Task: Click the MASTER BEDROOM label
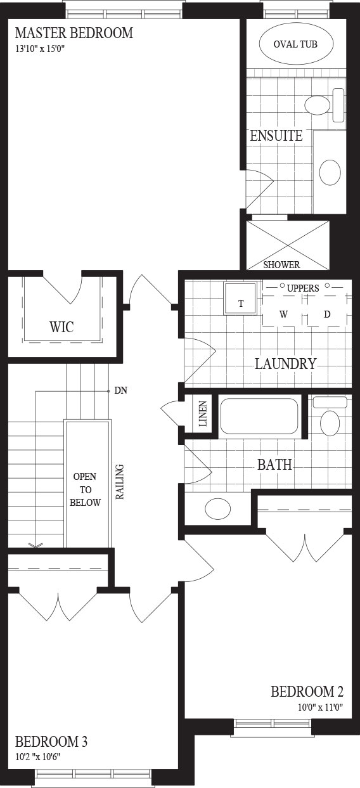pos(74,33)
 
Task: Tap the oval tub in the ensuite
pos(295,44)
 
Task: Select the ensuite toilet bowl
pos(317,105)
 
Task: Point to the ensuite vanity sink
pos(330,172)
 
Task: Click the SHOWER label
pos(281,264)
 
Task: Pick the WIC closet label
pos(61,327)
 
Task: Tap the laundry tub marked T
pos(241,299)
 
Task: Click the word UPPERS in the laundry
pos(303,288)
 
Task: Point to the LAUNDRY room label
pos(285,363)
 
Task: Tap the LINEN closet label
pos(203,414)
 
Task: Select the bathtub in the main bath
pos(259,416)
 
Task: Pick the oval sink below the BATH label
pos(217,508)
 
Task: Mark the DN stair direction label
pos(120,391)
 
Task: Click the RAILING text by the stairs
pos(120,482)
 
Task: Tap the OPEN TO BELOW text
pos(85,489)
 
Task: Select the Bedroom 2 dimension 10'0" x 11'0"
pos(320,707)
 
